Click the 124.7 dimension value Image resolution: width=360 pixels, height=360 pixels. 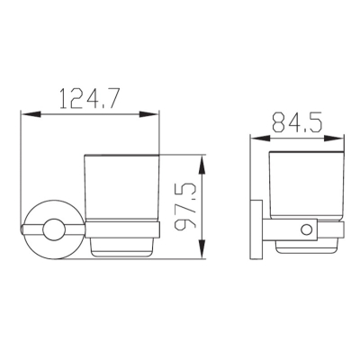pos(90,98)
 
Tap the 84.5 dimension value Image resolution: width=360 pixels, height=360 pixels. pos(297,122)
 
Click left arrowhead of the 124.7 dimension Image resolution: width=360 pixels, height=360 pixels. pos(31,114)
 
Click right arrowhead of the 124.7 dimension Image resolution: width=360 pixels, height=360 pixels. pos(148,114)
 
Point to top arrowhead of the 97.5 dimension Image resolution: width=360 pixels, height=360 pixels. pos(202,165)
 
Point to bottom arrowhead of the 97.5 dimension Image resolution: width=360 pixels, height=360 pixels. pos(202,248)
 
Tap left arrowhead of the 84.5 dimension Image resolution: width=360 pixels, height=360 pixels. pos(260,139)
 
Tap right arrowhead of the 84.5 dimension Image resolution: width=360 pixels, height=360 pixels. pos(333,139)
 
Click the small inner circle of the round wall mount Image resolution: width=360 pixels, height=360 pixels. pos(54,229)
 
